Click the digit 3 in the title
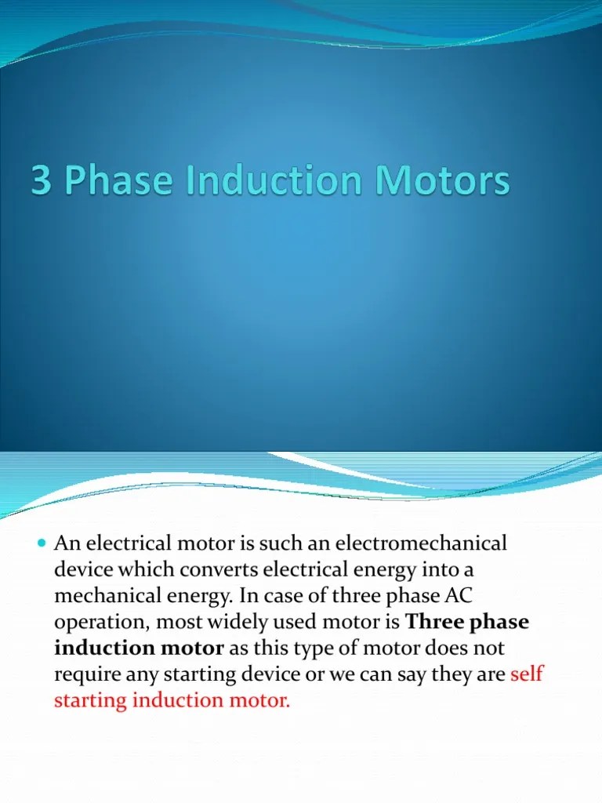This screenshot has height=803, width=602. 40,182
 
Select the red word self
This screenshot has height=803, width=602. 527,674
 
